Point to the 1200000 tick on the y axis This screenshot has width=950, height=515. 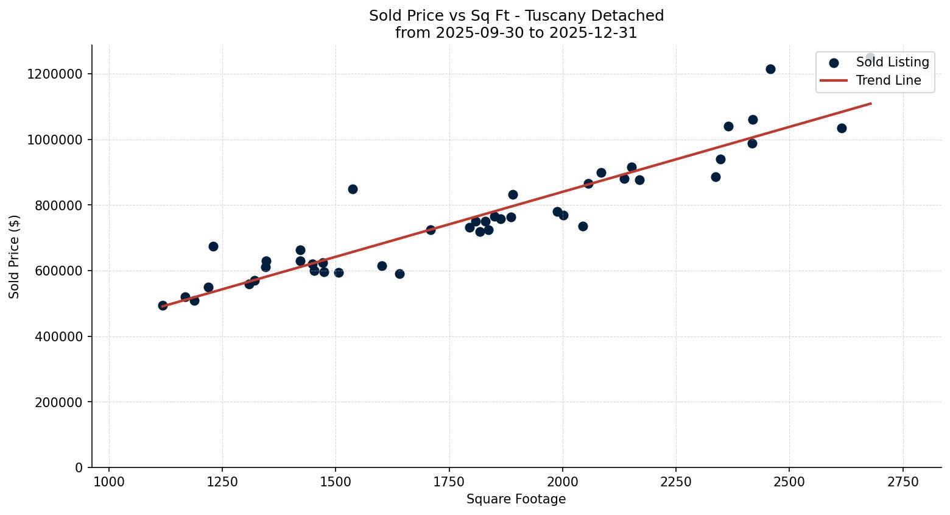coord(55,74)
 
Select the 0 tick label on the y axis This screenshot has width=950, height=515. coord(79,467)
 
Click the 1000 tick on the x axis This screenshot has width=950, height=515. coord(109,481)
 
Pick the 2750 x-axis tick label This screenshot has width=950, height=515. coord(902,481)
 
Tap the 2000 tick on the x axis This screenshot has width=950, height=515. coord(562,481)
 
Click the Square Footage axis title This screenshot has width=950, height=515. coord(516,500)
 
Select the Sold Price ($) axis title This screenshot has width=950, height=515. coord(15,256)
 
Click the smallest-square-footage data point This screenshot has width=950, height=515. coord(163,305)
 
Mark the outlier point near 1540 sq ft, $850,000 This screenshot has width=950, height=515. coord(353,189)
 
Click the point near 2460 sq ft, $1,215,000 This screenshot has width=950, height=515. coord(770,69)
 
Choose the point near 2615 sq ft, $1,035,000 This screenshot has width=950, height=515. coord(842,128)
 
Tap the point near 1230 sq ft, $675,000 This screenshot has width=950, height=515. coord(213,246)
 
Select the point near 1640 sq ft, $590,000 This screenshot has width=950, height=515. coord(399,274)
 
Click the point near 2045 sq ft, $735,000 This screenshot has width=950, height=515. coord(583,226)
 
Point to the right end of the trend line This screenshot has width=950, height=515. coord(871,104)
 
